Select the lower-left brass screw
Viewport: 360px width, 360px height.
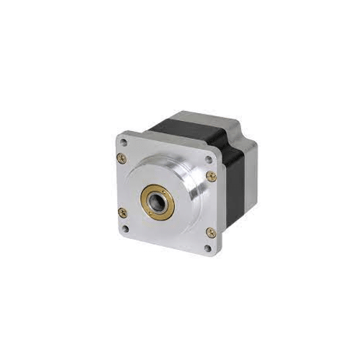click(122, 212)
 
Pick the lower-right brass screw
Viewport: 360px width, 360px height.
click(210, 232)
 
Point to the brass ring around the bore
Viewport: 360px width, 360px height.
click(149, 194)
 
